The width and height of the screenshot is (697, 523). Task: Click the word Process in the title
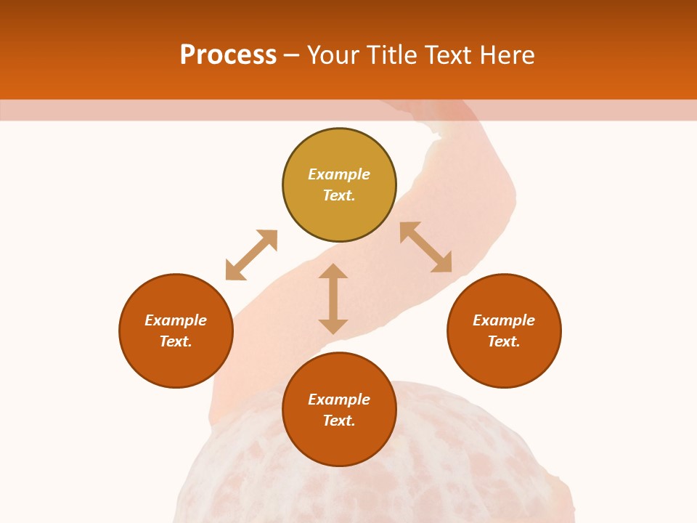pos(228,55)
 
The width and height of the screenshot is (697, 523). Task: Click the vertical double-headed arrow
pos(333,299)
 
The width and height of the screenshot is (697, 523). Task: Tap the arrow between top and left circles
pos(251,255)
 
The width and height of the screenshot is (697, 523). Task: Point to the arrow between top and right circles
pos(425,247)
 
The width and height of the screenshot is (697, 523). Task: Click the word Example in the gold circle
pos(339,174)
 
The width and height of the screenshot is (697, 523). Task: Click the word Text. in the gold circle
pos(339,195)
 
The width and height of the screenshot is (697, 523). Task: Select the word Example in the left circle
pos(176,320)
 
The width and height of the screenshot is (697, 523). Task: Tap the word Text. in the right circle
pos(504,341)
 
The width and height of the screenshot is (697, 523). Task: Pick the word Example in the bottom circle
pos(339,400)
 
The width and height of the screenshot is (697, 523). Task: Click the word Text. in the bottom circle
pos(339,421)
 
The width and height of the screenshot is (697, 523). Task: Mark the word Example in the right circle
pos(504,320)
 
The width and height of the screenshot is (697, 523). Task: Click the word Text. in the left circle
pos(176,341)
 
